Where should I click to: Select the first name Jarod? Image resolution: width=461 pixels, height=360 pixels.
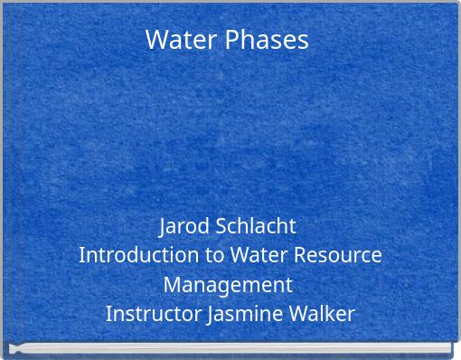tap(185, 225)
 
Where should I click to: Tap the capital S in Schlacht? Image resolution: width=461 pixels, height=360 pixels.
tap(221, 225)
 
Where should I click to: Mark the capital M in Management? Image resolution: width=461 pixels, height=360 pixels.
tap(172, 285)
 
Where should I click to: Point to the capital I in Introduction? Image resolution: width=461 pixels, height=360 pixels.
tap(82, 255)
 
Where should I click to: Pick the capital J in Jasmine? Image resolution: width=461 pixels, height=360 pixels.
tap(212, 316)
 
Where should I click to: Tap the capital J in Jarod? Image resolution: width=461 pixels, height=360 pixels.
tap(163, 225)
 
